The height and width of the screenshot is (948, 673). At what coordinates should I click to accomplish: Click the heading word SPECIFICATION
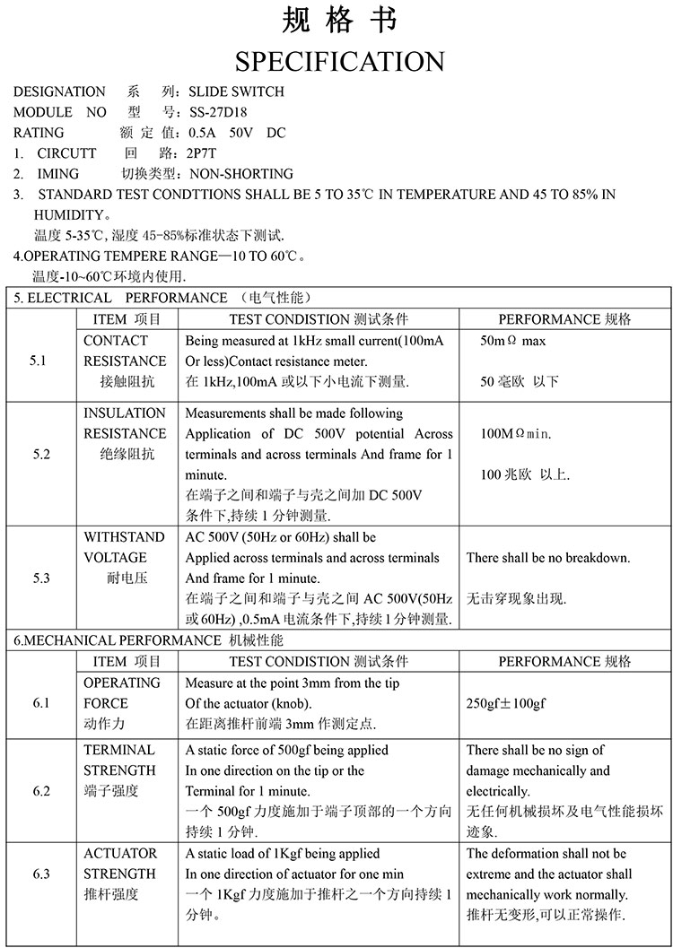[x=339, y=61]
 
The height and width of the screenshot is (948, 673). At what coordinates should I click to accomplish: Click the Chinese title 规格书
[x=339, y=19]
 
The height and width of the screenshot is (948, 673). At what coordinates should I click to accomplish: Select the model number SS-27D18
[x=218, y=112]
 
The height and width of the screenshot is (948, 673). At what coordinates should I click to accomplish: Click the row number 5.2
[x=41, y=454]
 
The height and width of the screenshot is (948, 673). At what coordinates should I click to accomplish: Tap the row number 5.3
[x=41, y=578]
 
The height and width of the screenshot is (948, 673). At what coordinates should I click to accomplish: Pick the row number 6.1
[x=41, y=703]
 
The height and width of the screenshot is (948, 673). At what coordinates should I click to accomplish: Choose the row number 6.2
[x=41, y=791]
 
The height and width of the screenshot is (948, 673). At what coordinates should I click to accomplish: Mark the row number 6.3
[x=41, y=874]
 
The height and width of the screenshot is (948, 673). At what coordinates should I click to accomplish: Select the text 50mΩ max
[x=513, y=341]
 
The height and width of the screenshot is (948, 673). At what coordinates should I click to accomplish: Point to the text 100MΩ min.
[x=516, y=434]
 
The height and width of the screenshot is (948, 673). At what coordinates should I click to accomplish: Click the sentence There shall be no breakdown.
[x=548, y=558]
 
